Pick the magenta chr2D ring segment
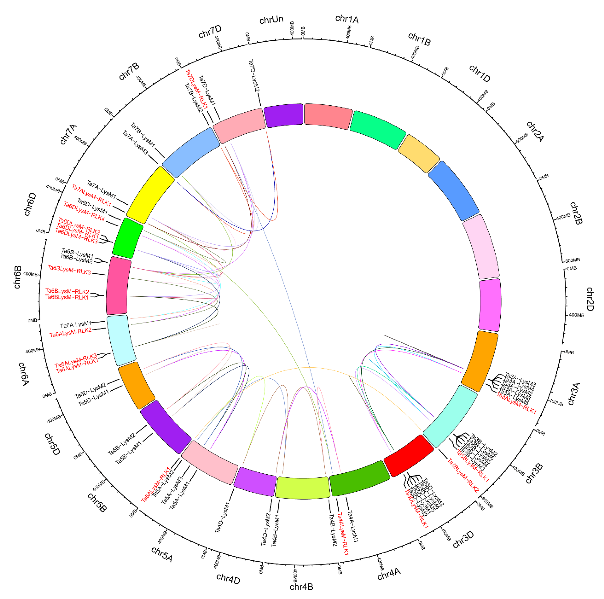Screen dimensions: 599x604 [490, 305]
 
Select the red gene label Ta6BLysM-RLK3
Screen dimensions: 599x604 [69, 270]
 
